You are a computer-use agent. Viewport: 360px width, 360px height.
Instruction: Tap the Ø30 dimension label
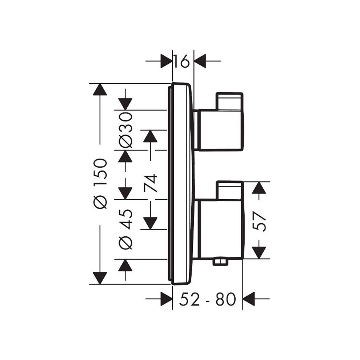126,130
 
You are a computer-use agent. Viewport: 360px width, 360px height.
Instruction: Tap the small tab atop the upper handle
229,101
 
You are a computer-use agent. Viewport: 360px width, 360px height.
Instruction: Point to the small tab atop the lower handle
229,190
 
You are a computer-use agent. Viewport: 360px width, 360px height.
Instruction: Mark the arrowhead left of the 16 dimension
166,61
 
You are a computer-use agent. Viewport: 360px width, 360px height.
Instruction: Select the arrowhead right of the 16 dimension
200,61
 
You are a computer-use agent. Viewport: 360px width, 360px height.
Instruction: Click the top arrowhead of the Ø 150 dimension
100,89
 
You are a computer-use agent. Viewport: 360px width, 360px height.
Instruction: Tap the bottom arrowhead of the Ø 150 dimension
100,278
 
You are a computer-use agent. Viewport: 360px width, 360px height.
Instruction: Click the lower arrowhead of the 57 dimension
259,252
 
